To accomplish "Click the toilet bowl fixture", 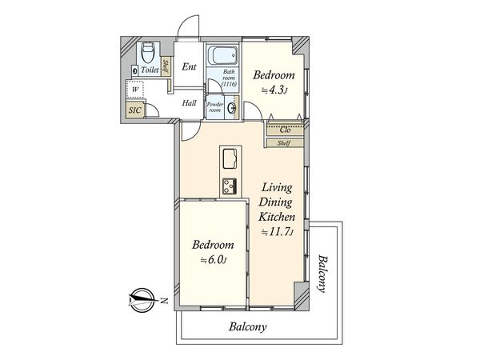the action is click(147, 52).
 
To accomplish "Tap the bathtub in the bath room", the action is click(222, 55).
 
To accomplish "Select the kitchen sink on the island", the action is click(230, 158).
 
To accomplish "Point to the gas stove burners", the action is click(230, 186).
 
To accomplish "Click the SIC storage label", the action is click(134, 110).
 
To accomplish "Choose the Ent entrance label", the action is click(189, 66).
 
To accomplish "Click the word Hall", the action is click(189, 103).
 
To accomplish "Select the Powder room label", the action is click(215, 107).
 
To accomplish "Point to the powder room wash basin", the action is click(233, 107).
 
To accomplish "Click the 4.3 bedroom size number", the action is click(278, 90).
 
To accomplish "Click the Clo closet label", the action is click(285, 130).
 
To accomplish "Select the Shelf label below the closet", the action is click(284, 143).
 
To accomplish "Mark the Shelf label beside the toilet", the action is click(166, 67).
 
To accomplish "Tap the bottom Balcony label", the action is click(248, 326).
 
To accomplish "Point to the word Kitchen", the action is click(277, 217).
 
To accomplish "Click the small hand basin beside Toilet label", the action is click(135, 70).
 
